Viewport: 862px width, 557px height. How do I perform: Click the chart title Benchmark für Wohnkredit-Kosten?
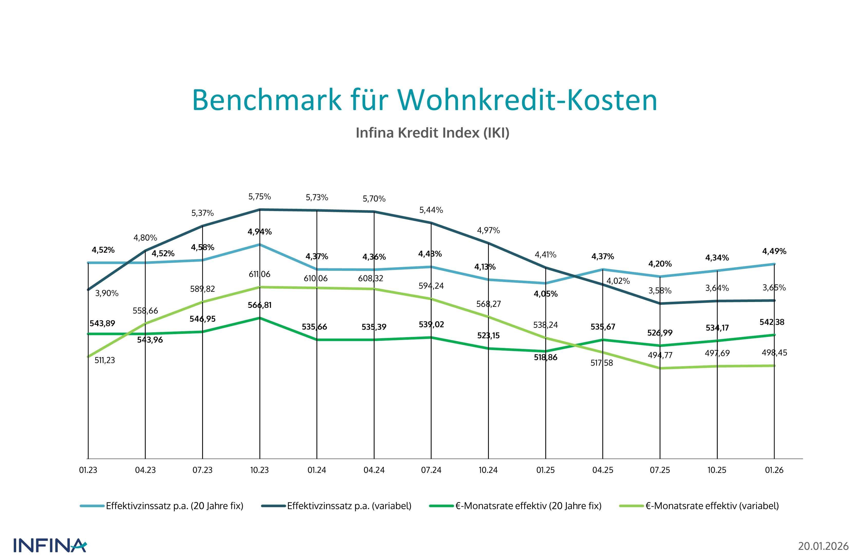click(424, 100)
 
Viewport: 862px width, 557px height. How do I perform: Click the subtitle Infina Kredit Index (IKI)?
click(432, 133)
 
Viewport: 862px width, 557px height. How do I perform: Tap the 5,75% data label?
click(259, 197)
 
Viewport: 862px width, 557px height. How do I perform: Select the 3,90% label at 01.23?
click(107, 293)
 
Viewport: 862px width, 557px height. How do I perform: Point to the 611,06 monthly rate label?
click(259, 274)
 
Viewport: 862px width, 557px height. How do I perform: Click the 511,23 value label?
click(105, 360)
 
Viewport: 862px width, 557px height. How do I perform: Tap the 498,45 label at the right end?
click(774, 353)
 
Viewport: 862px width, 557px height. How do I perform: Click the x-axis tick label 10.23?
click(259, 470)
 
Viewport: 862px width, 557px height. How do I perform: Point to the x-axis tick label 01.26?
click(774, 470)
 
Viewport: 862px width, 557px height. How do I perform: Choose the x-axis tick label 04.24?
click(374, 470)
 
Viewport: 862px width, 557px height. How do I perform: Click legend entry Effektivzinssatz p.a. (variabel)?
click(349, 506)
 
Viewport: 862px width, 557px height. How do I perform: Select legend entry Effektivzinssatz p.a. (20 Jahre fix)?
click(174, 506)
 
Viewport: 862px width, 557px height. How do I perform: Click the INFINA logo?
click(50, 545)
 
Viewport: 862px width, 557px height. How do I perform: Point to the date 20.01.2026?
click(823, 546)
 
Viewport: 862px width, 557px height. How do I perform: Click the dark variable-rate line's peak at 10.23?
click(260, 209)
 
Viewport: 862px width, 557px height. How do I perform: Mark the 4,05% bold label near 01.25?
click(546, 294)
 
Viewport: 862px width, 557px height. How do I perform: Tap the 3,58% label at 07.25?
click(660, 291)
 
